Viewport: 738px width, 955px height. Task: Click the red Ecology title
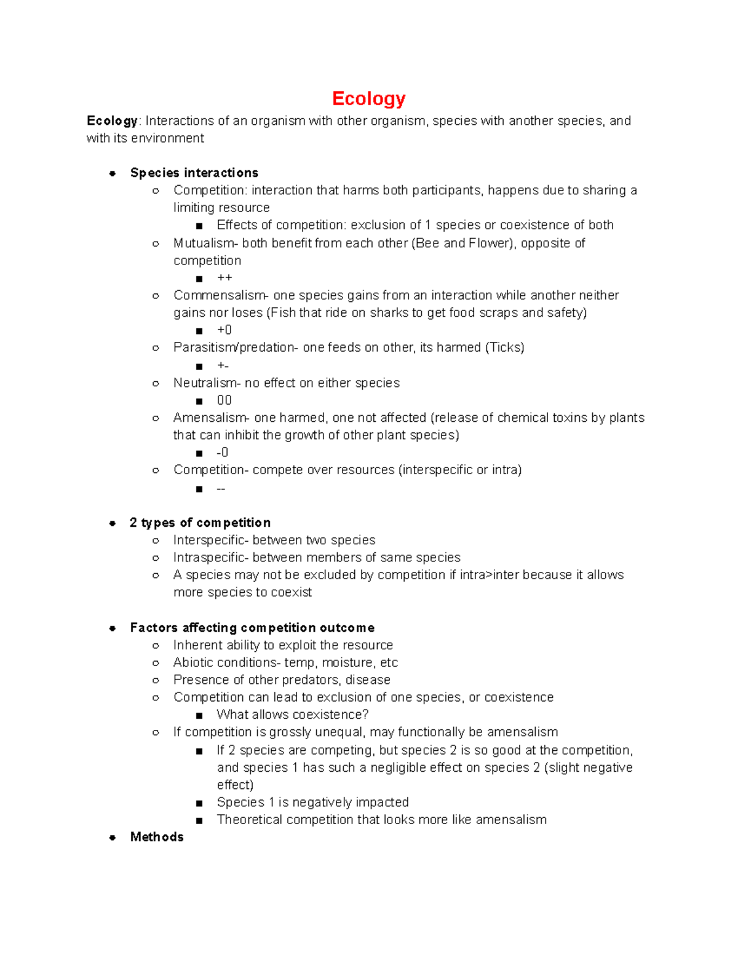(368, 98)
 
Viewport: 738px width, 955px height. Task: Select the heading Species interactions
(194, 173)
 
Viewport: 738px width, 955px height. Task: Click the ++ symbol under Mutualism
(224, 278)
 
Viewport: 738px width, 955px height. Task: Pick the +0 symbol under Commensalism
(224, 330)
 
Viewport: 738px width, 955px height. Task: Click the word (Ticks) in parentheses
(504, 347)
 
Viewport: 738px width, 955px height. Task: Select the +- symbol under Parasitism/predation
(223, 365)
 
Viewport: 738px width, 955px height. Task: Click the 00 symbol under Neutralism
(224, 400)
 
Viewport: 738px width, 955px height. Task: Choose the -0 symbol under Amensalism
(222, 453)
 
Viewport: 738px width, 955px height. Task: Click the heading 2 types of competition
(200, 523)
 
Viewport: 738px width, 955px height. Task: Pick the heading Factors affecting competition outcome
(252, 628)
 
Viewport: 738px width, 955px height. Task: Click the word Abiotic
(192, 662)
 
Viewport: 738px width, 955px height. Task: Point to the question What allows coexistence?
(293, 715)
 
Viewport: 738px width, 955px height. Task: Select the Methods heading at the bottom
(157, 837)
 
